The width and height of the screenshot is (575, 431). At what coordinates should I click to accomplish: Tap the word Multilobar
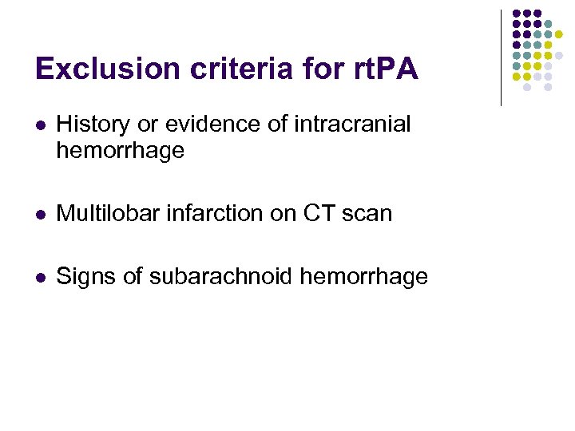102,213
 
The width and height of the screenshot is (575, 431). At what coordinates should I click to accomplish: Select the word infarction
203,213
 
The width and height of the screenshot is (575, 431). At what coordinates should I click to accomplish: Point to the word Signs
85,277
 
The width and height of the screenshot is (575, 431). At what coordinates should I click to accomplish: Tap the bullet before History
41,125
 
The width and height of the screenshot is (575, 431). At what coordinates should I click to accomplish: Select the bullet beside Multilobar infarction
41,214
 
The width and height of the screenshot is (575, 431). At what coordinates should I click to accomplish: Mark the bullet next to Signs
41,278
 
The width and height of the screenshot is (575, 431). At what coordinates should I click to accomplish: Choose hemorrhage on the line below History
120,151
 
